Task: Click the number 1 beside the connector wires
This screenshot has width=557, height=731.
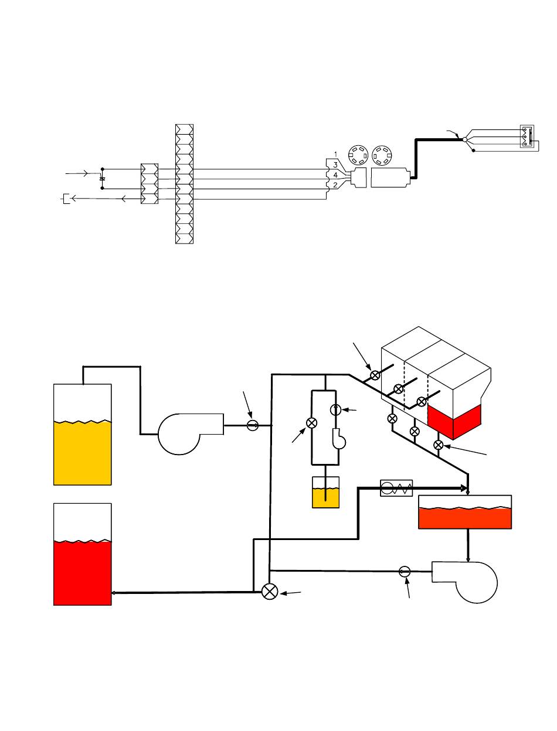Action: coord(336,154)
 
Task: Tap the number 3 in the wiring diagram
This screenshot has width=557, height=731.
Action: coord(335,165)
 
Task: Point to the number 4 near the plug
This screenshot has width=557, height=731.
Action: coord(335,175)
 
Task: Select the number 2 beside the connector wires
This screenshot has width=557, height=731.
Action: coord(335,185)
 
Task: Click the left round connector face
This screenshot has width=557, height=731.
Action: coord(358,155)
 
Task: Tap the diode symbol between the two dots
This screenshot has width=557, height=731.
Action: coord(103,179)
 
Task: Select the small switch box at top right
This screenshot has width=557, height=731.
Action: coord(527,136)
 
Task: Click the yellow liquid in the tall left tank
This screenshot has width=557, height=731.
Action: coord(82,453)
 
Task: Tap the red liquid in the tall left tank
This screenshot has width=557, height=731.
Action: coord(82,573)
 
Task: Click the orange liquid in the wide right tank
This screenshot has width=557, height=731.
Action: coord(465,518)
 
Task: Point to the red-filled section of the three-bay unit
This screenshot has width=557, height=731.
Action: coord(454,421)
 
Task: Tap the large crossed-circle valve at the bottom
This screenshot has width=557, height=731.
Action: coord(270,592)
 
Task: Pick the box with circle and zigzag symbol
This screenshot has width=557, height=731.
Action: coord(396,489)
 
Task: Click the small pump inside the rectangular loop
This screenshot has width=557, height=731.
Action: coord(339,439)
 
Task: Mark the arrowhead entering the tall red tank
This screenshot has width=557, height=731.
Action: coord(114,593)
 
